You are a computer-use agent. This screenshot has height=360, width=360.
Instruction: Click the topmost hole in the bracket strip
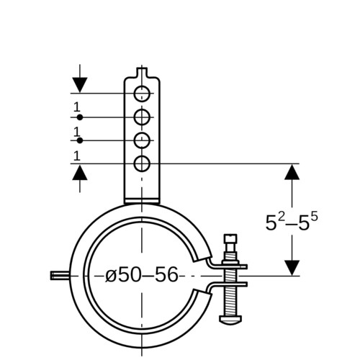(142, 94)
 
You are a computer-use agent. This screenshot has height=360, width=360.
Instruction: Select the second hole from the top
(142, 117)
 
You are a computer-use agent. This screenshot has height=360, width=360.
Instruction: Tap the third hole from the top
(142, 140)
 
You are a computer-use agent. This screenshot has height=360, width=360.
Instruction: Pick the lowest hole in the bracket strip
(142, 163)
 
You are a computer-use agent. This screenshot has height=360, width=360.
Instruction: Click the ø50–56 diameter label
(142, 274)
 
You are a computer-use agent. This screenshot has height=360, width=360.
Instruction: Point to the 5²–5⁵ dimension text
(292, 222)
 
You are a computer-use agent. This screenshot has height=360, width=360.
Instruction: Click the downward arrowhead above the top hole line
(80, 85)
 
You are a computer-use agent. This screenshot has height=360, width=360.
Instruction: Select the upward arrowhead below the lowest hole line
(80, 172)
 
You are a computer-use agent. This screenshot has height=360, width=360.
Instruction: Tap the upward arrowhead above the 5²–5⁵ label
(292, 172)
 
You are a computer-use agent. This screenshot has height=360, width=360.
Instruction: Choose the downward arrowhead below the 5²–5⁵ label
(292, 268)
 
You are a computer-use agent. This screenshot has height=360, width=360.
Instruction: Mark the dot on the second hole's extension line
(80, 117)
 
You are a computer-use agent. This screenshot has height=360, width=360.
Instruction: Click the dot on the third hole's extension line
(80, 140)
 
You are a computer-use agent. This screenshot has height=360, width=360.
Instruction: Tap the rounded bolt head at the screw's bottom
(230, 319)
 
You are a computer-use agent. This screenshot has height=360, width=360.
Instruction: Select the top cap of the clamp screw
(230, 239)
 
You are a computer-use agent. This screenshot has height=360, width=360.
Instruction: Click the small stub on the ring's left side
(60, 275)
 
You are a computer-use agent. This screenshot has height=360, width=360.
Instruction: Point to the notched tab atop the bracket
(142, 72)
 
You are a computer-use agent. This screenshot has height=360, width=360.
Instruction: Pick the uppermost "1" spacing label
(77, 107)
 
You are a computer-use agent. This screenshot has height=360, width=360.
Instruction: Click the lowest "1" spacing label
(77, 156)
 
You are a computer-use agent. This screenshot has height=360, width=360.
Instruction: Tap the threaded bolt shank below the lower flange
(230, 301)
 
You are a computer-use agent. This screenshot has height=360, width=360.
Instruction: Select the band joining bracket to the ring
(142, 201)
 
